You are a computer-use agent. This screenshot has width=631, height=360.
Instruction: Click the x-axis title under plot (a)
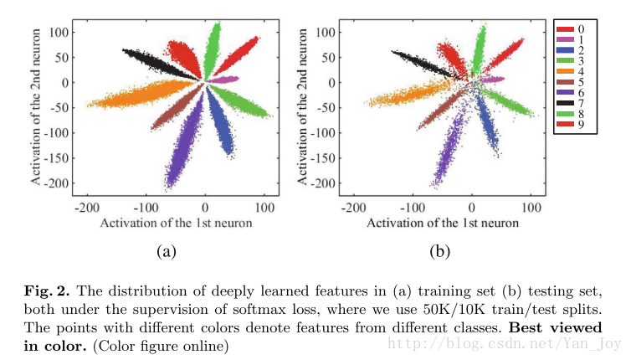click(176, 224)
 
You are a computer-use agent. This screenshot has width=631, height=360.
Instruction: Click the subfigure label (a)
click(166, 250)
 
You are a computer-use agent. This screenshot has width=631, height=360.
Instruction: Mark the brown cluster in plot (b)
click(436, 107)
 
